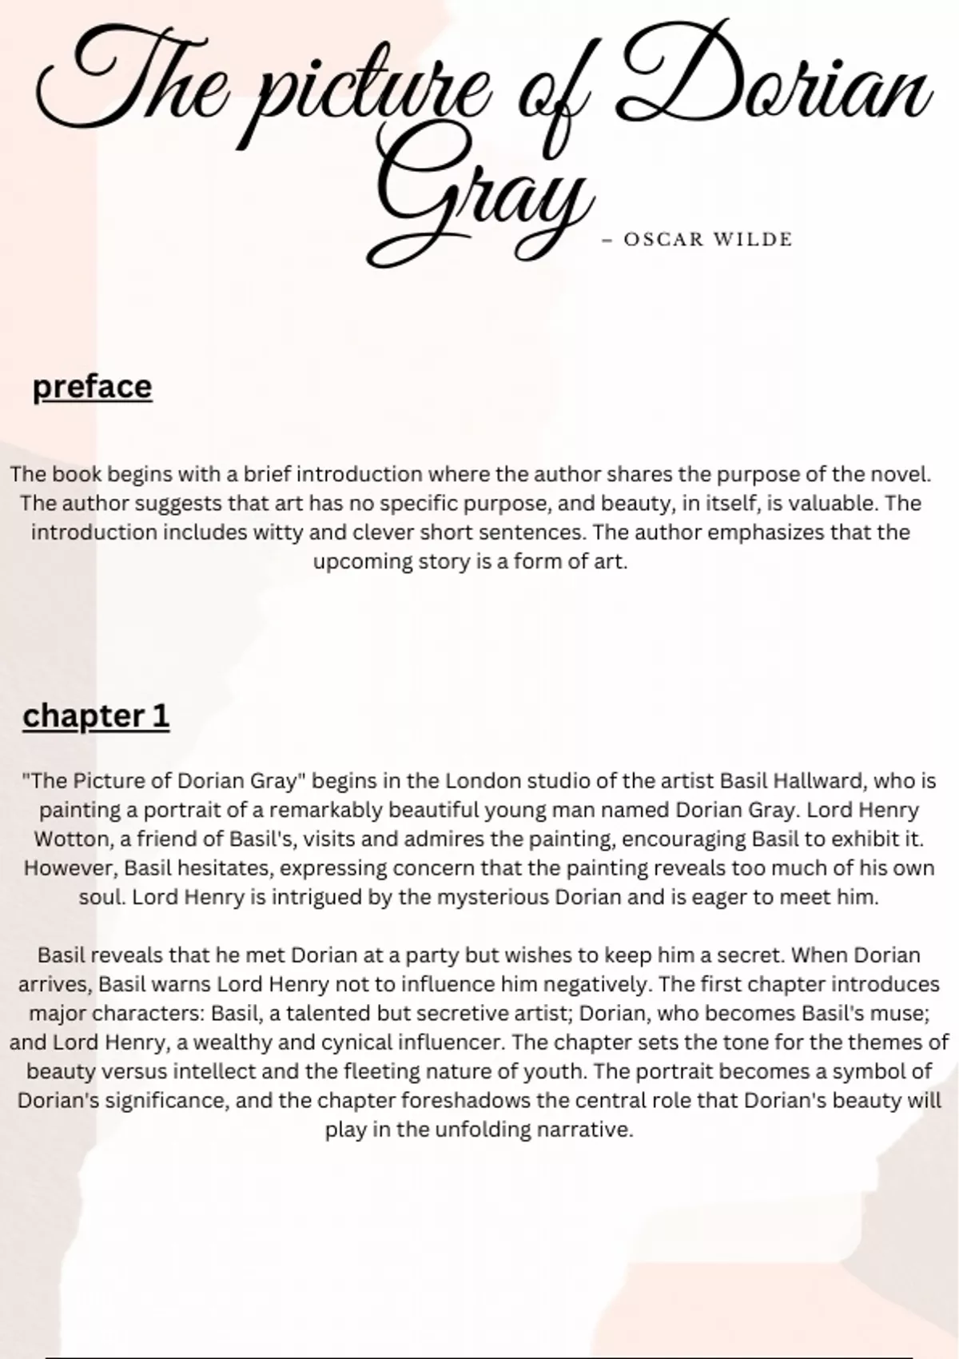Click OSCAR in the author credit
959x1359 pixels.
coord(663,240)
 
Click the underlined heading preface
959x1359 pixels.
coord(92,387)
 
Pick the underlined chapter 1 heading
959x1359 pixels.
coord(96,716)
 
